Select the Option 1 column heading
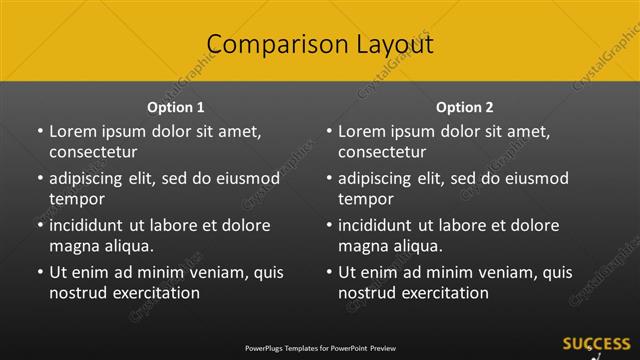coord(176,107)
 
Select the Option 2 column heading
coord(465,107)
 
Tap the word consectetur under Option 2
coord(382,152)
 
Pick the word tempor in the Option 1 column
coord(76,199)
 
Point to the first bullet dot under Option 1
coord(40,131)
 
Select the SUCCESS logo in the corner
coord(596,345)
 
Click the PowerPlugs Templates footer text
coord(320,348)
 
